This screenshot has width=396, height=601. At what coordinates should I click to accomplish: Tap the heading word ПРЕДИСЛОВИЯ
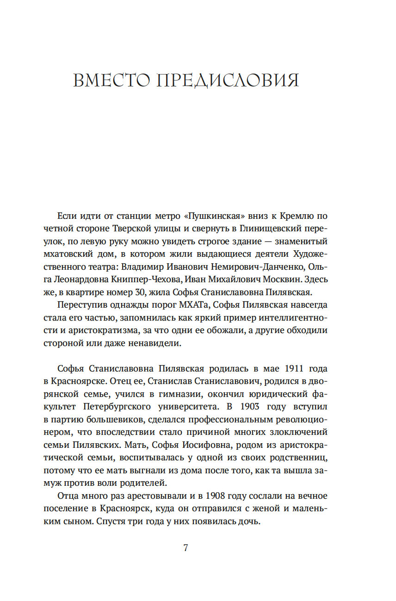tap(228, 81)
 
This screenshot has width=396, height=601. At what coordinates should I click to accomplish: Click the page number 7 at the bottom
tap(186, 548)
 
